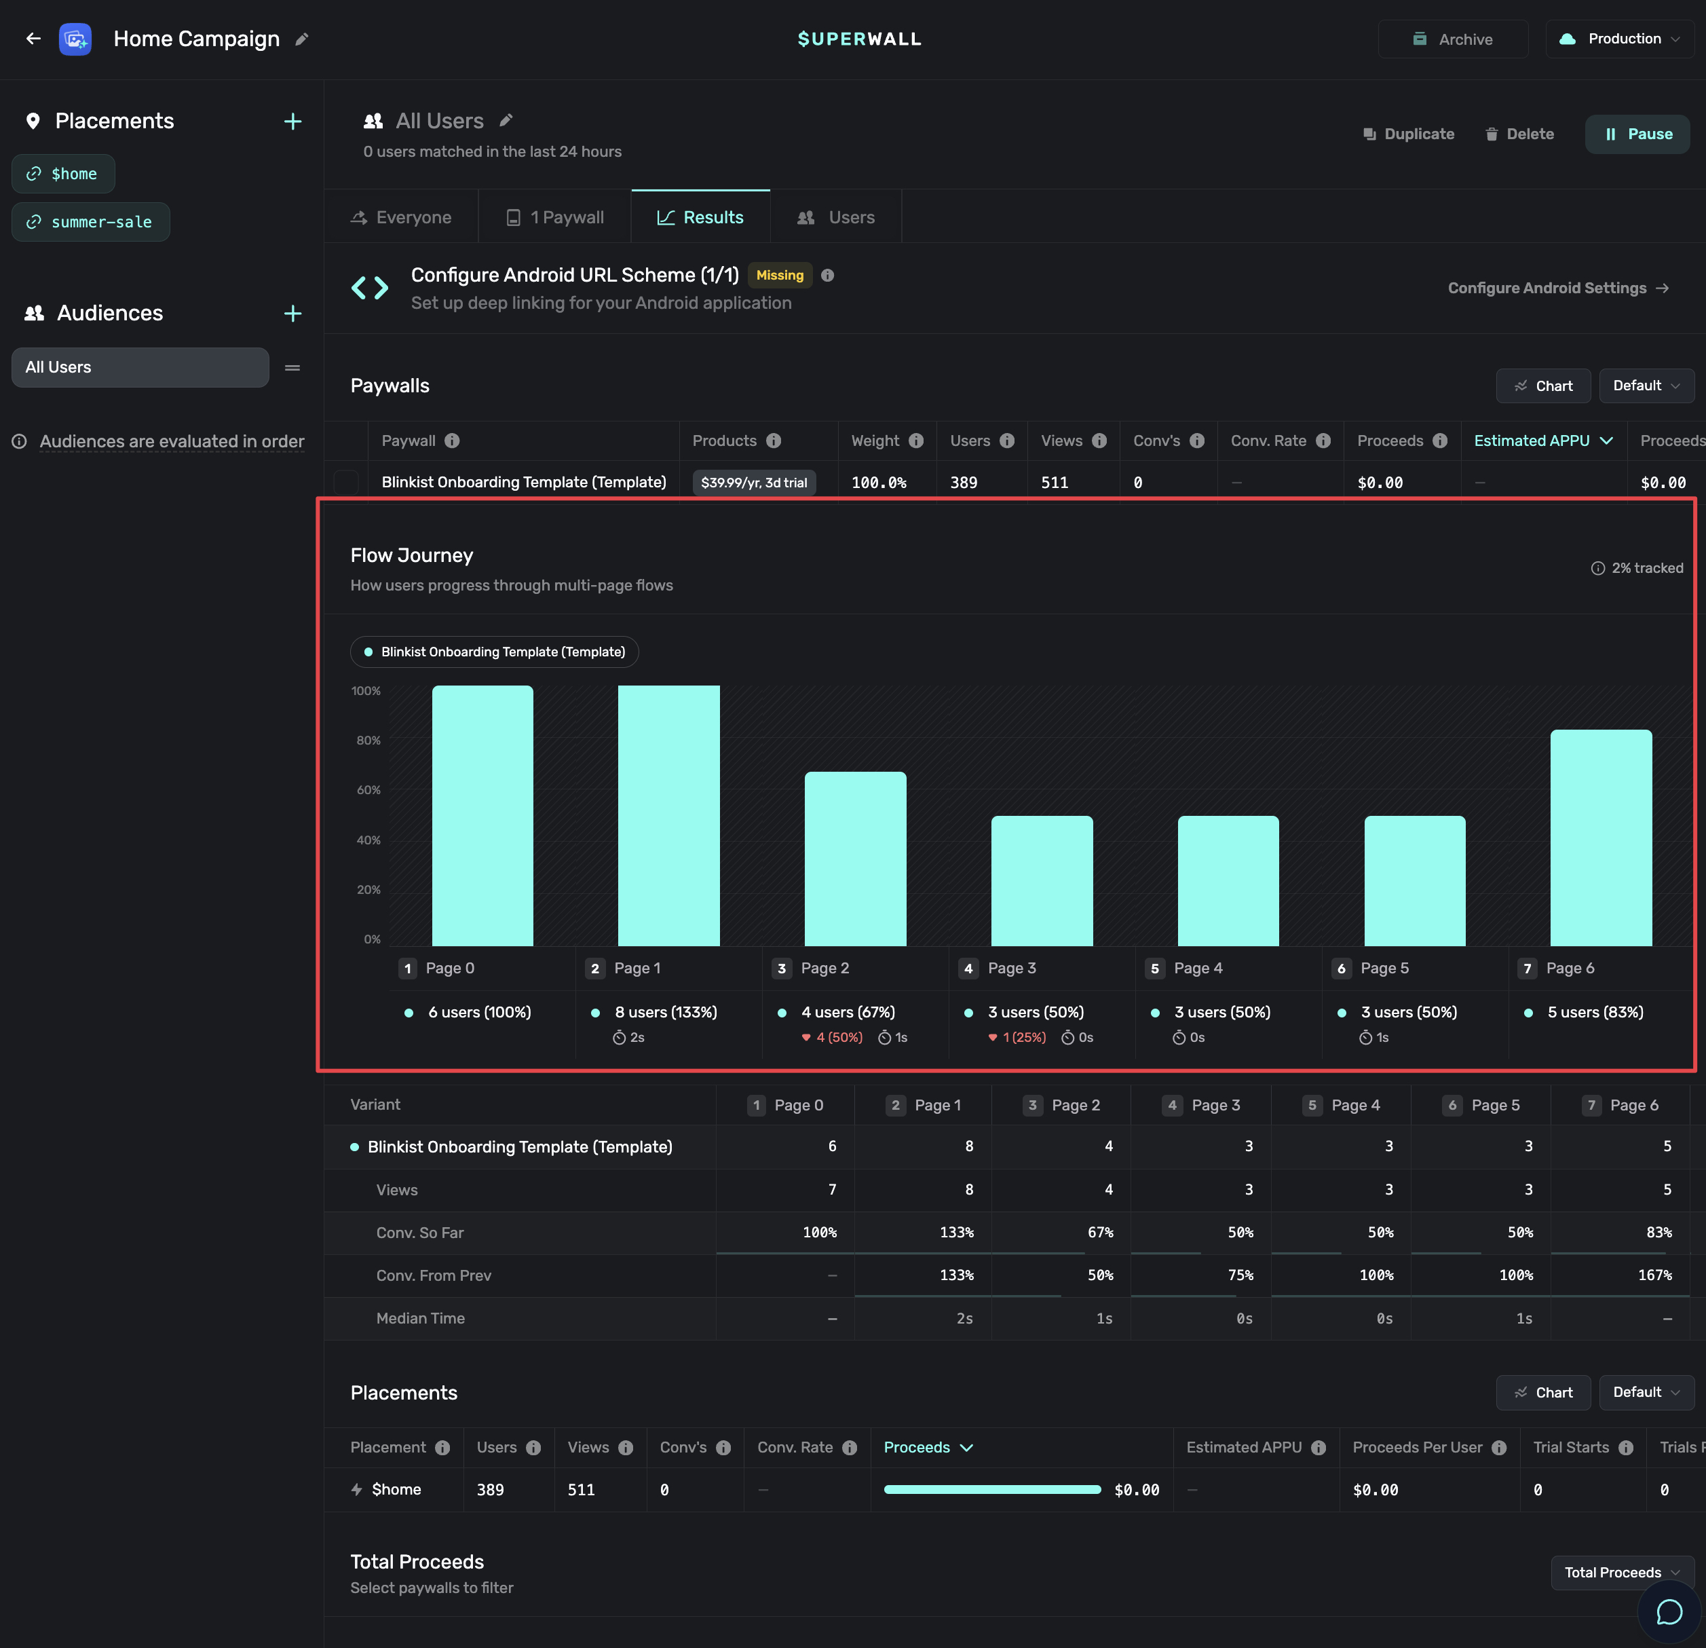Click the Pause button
(1637, 134)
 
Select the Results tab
(701, 218)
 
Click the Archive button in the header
(1453, 39)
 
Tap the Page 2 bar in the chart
(856, 859)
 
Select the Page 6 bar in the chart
(1601, 838)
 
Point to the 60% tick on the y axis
(368, 789)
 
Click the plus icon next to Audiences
(292, 314)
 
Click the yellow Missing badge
(780, 275)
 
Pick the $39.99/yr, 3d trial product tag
(754, 483)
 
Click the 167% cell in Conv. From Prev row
(1654, 1275)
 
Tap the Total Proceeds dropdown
(1623, 1572)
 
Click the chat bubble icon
(1669, 1612)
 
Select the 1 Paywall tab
(555, 218)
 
